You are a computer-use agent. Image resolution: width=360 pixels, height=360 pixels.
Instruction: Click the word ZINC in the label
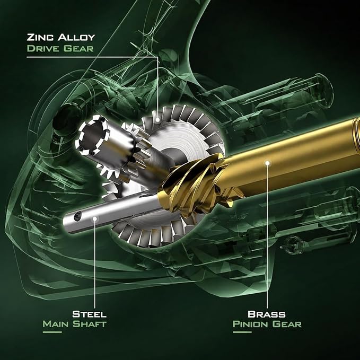click(x=40, y=37)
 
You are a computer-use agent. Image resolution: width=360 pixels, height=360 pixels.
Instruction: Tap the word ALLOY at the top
click(x=76, y=37)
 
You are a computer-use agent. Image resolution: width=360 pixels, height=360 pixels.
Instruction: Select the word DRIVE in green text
click(x=43, y=48)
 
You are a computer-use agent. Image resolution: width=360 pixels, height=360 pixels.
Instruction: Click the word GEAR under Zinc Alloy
click(x=78, y=48)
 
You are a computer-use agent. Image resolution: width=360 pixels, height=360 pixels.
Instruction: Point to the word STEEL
click(x=89, y=314)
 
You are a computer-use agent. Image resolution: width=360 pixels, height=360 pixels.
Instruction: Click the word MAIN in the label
click(x=56, y=324)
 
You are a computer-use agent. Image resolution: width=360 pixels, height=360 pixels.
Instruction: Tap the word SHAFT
click(x=90, y=324)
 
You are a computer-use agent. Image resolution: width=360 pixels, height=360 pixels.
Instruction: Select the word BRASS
click(x=267, y=314)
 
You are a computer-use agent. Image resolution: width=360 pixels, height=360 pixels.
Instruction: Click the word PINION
click(x=251, y=324)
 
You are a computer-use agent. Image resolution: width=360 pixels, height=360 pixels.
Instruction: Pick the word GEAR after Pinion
click(x=287, y=324)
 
